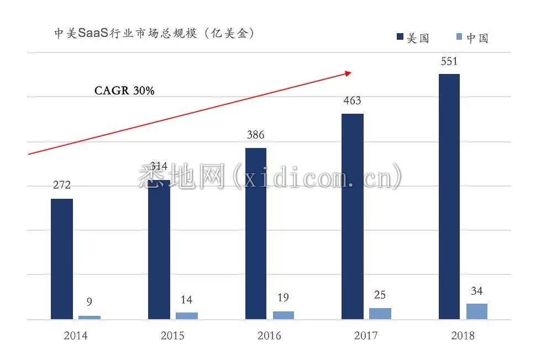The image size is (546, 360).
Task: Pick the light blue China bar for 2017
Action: pos(380,313)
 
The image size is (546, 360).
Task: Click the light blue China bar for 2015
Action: pos(186,315)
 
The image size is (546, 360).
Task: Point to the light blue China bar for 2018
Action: pos(477,311)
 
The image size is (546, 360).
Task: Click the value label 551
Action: pos(449,61)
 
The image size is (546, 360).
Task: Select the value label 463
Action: pos(352,100)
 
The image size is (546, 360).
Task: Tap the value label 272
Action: pos(62,185)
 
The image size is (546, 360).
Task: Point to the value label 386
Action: pos(255,135)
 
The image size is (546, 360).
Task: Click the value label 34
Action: pos(477,291)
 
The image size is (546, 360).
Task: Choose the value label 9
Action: pos(89,302)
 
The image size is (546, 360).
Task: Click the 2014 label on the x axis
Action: pos(76,335)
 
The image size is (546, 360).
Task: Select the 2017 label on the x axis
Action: pos(366,335)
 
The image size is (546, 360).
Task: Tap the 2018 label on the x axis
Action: pos(463,335)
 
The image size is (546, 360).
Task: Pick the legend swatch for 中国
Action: pos(459,37)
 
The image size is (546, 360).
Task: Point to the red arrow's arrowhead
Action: pos(348,72)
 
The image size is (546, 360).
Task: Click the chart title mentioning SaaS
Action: pos(154,33)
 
